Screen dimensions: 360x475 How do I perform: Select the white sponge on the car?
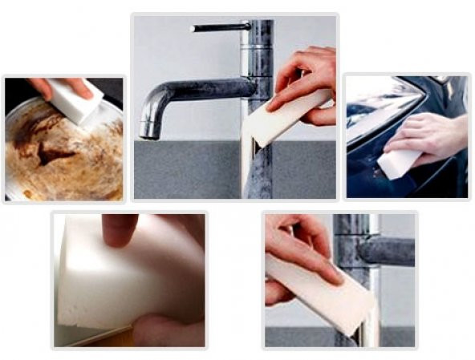[x=399, y=163]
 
